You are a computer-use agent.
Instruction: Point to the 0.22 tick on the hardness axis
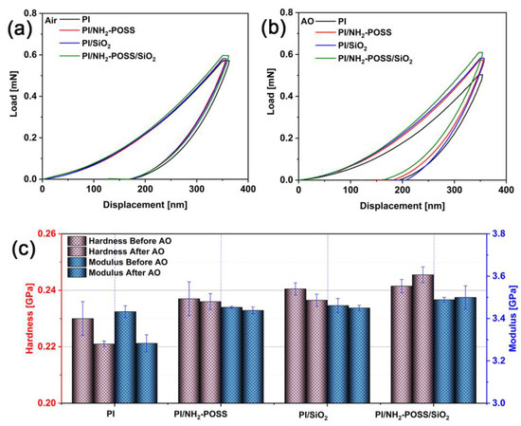pos(43,346)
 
